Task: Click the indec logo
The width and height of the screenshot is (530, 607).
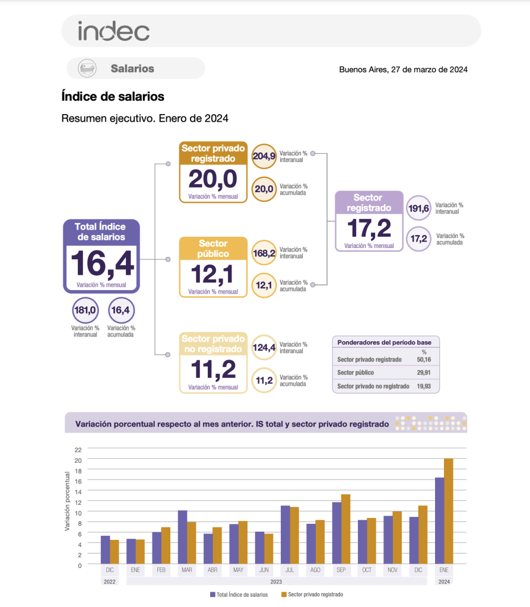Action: (x=113, y=31)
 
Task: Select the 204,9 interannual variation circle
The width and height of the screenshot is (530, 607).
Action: (x=264, y=157)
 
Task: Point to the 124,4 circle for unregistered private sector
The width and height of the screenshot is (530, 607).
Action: (x=264, y=348)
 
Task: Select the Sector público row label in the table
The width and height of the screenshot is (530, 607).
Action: (x=356, y=373)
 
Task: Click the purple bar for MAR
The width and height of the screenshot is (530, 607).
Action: (x=182, y=537)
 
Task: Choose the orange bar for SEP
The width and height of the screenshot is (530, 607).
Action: (x=345, y=529)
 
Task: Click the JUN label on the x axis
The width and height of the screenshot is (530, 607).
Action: (x=264, y=570)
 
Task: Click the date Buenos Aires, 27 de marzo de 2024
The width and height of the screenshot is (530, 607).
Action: (x=403, y=69)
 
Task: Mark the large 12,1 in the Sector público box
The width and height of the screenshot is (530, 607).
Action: (x=212, y=274)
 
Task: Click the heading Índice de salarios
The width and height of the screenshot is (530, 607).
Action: (x=113, y=96)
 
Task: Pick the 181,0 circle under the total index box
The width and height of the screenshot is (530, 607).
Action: (x=85, y=310)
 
